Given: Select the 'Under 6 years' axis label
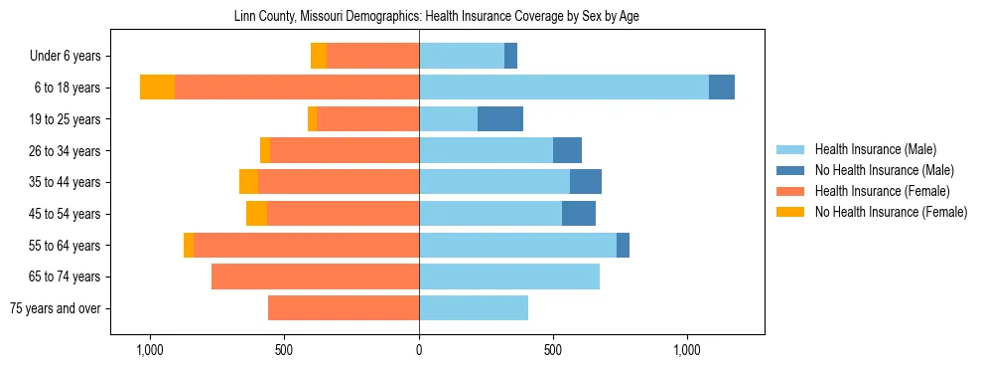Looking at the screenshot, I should click(x=70, y=57).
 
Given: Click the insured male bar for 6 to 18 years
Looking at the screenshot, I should click(x=564, y=88).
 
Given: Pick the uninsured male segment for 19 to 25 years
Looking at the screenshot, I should click(x=500, y=119).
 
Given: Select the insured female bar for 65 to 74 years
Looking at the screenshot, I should click(x=315, y=276).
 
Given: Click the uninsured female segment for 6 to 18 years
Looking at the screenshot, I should click(x=157, y=88).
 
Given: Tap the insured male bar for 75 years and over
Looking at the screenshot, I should click(x=474, y=308).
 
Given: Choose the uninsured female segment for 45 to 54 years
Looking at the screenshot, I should click(x=256, y=214).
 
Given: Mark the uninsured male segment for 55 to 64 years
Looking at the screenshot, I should click(x=623, y=245).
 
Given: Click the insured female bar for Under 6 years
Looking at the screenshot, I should click(x=372, y=56).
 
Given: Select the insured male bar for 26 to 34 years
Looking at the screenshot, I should click(x=486, y=150).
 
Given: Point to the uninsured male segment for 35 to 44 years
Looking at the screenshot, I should click(x=586, y=182).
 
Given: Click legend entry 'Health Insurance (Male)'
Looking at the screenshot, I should click(x=874, y=149).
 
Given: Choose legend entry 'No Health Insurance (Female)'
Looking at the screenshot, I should click(x=891, y=212).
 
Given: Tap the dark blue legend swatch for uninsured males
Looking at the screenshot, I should click(x=791, y=170).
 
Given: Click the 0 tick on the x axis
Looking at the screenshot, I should click(x=419, y=350).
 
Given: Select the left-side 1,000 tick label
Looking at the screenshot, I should click(x=149, y=350).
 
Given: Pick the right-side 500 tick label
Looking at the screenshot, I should click(x=553, y=350).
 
